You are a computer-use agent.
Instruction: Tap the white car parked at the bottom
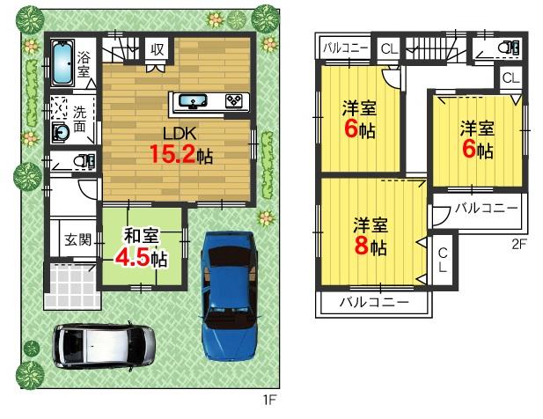[x=103, y=344]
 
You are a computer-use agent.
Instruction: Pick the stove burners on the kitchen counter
[x=235, y=100]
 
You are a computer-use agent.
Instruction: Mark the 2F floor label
[x=517, y=245]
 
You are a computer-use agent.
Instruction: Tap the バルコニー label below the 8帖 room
[x=374, y=302]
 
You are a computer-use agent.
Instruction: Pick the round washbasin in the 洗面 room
[x=62, y=133]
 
